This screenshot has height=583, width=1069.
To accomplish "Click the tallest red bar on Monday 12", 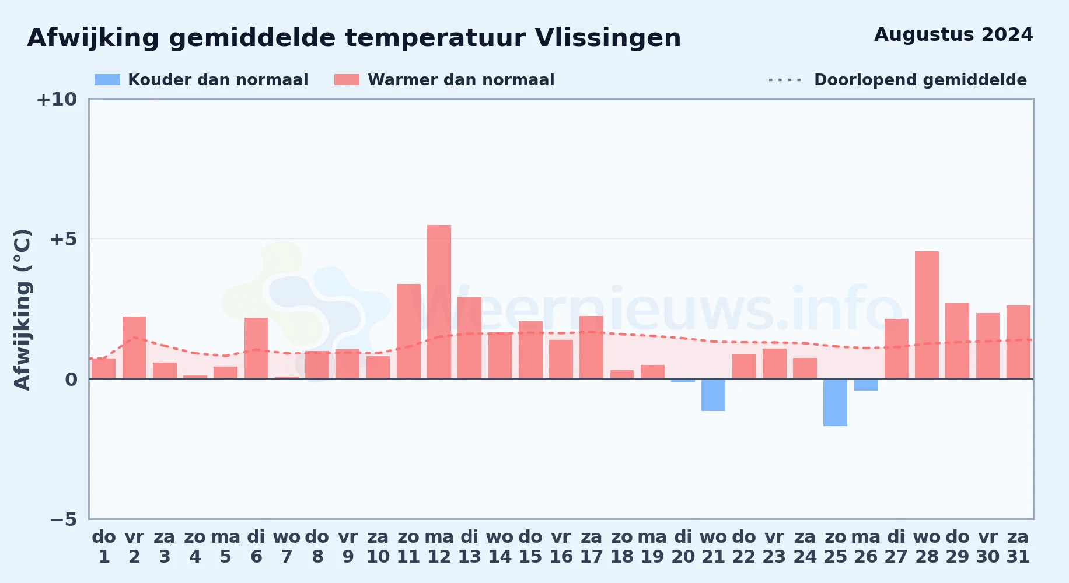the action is tap(439, 301).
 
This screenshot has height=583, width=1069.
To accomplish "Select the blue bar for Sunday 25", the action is tap(835, 403).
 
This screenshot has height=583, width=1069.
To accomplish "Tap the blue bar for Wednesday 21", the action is tap(713, 395).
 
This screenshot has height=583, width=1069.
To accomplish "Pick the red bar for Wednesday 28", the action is tap(927, 315).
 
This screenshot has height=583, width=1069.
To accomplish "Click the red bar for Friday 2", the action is tap(134, 347).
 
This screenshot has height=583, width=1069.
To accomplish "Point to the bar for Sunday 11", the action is tap(408, 331).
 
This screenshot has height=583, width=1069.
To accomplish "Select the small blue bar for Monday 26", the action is tap(866, 385).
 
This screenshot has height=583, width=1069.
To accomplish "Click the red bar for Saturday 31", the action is tap(1018, 342).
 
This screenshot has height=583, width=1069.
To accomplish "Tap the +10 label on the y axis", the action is tap(57, 99).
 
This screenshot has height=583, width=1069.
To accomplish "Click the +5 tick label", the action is tap(64, 239).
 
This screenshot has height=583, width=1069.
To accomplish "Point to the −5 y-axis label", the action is tap(64, 519).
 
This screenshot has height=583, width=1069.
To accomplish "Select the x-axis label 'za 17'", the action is tap(591, 547).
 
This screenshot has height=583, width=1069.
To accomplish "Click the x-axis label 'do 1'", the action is tap(104, 547).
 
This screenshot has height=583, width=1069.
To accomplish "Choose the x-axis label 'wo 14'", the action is tap(500, 547).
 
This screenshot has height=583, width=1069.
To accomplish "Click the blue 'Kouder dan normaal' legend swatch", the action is tap(107, 80).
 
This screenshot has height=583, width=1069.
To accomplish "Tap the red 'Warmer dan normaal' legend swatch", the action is tap(347, 80).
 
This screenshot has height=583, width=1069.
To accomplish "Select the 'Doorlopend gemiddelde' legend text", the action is tap(920, 80).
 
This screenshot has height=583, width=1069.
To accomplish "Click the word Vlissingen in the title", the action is tap(607, 38).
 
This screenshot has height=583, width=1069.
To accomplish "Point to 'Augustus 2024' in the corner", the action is tap(953, 35).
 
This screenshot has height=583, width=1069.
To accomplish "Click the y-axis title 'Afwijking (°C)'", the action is tap(22, 309).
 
